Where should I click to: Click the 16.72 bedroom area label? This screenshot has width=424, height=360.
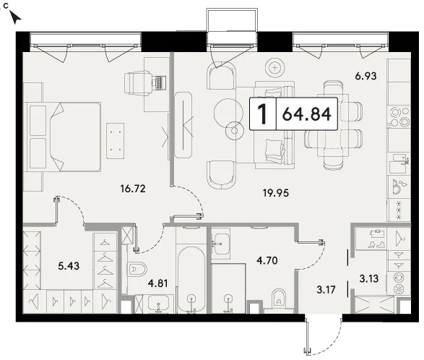[x=133, y=189]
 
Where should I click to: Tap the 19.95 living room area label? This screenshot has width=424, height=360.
[x=276, y=193]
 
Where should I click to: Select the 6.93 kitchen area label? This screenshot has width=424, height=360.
[x=366, y=76]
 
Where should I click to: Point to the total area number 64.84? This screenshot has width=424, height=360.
[x=307, y=114]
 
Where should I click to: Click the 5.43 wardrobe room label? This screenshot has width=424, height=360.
[x=69, y=266]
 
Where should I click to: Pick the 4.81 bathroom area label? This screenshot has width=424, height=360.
[x=157, y=283]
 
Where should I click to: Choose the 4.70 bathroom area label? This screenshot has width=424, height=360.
[x=267, y=260]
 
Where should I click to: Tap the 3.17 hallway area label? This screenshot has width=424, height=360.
[x=326, y=290]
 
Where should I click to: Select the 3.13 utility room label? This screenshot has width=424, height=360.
[x=369, y=278]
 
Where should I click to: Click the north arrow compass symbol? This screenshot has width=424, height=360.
[x=15, y=17]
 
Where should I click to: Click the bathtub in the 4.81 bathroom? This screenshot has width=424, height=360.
[x=191, y=280]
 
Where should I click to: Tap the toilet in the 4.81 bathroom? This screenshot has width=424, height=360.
[x=137, y=269]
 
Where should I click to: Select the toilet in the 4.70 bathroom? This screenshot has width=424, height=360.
[x=279, y=299]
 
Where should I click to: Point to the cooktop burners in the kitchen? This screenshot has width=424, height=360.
[x=399, y=117]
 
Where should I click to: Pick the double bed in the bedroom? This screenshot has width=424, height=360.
[x=65, y=137]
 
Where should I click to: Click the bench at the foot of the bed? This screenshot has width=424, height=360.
[x=116, y=141]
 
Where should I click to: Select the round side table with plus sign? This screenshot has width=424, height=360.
[x=275, y=68]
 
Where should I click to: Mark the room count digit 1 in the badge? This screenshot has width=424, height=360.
[x=262, y=114]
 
